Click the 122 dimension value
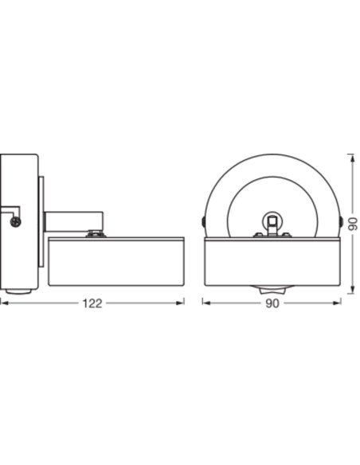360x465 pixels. pyautogui.click(x=92, y=303)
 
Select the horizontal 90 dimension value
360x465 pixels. pyautogui.click(x=272, y=303)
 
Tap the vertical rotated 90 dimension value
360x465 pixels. pyautogui.click(x=353, y=224)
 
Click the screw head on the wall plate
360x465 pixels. pyautogui.click(x=15, y=221)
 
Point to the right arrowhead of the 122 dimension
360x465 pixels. pyautogui.click(x=180, y=303)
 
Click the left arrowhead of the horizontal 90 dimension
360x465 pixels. pyautogui.click(x=206, y=303)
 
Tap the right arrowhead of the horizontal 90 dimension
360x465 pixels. pyautogui.click(x=337, y=303)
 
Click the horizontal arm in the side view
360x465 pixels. pyautogui.click(x=73, y=221)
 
